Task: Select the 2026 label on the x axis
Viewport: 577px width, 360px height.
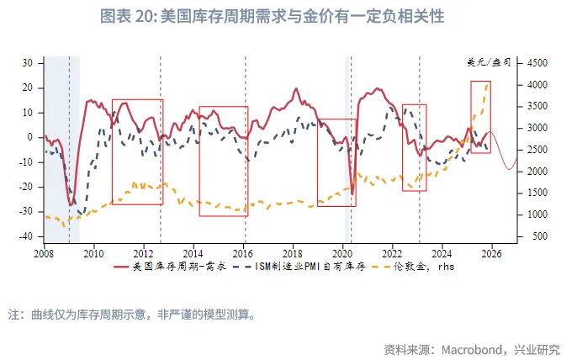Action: (492, 252)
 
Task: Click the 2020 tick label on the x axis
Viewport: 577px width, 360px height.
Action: (342, 252)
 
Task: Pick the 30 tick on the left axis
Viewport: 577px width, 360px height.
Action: (28, 63)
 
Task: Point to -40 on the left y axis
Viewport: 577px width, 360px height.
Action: (26, 236)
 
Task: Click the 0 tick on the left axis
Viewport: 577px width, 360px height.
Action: (30, 137)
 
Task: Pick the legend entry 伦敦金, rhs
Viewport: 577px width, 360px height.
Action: (420, 267)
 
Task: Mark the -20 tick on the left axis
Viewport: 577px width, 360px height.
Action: (26, 187)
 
